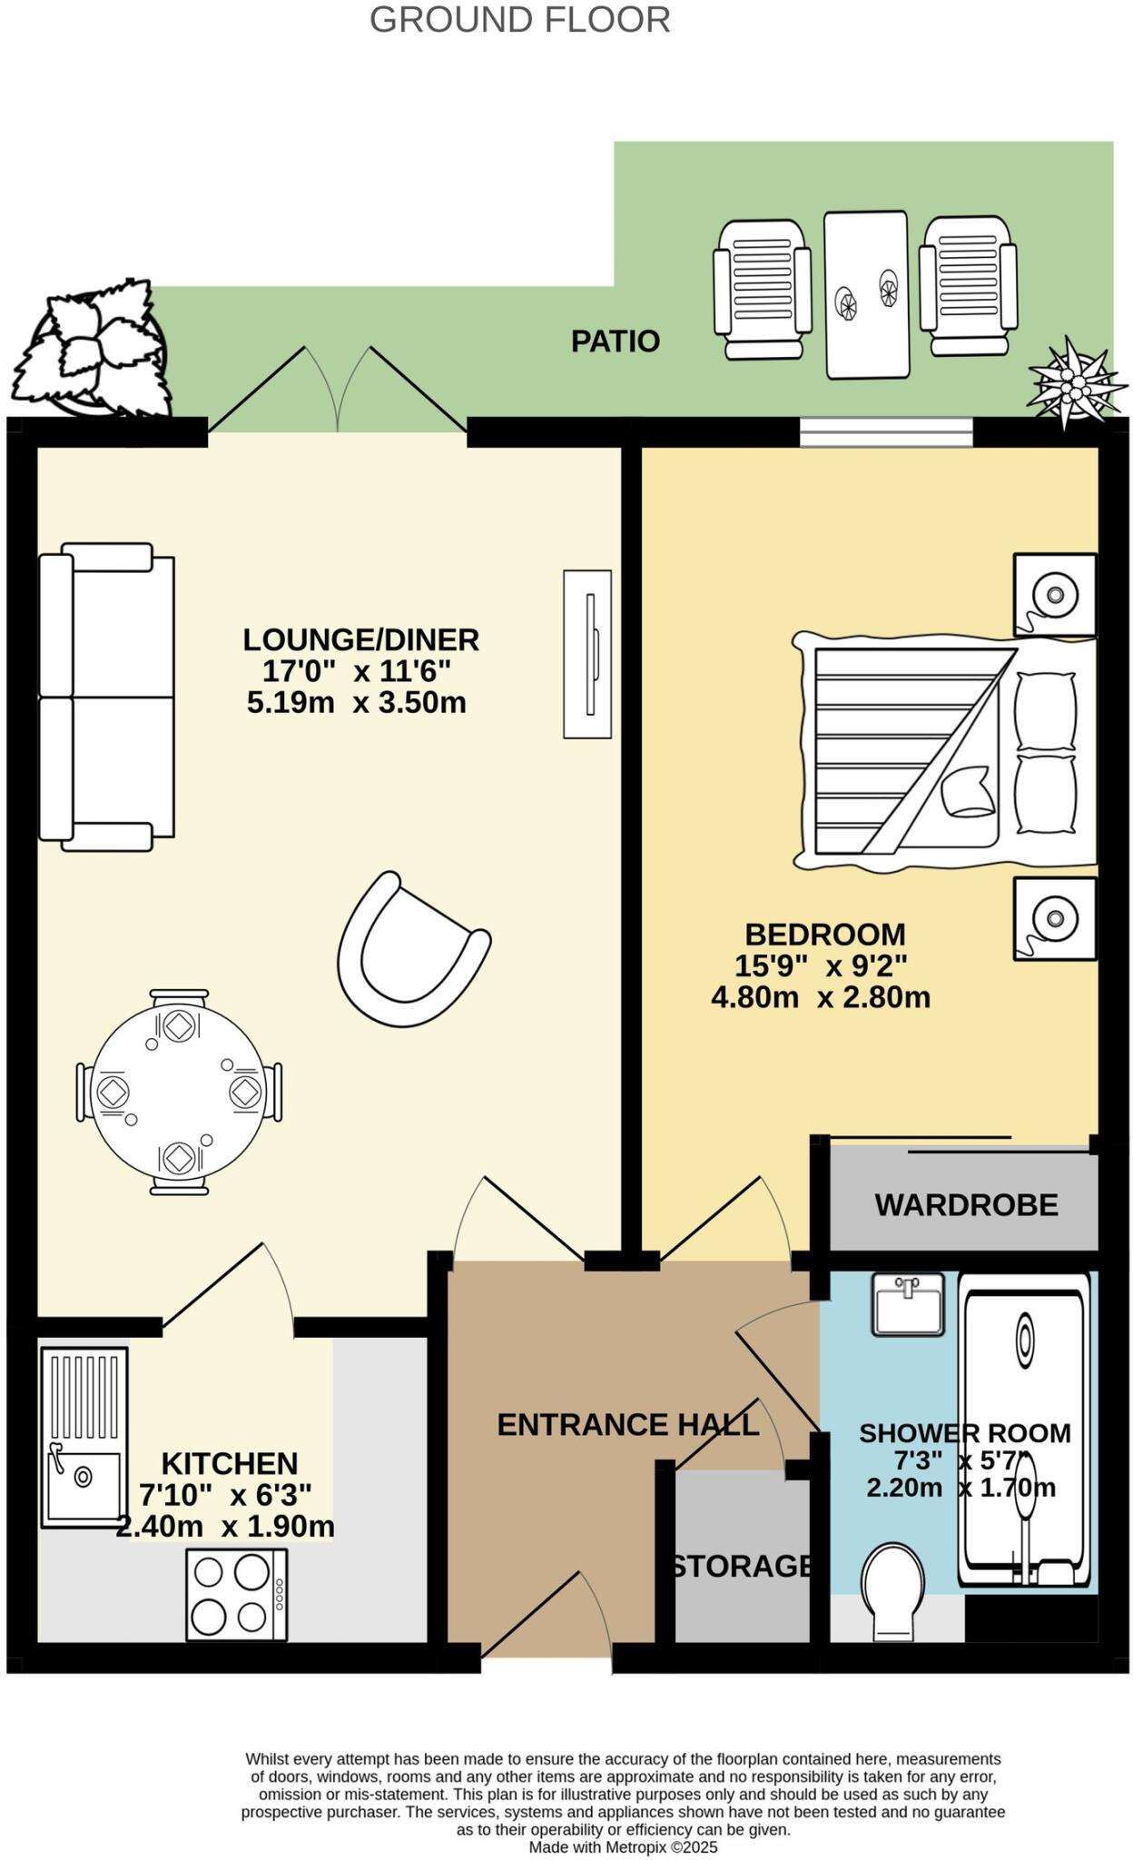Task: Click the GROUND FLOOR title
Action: [x=519, y=20]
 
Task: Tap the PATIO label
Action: [x=615, y=341]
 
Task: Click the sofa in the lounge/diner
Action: [x=107, y=697]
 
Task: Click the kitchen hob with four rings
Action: [x=236, y=1594]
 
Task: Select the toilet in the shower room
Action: [x=892, y=1592]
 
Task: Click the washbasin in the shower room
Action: [x=908, y=1304]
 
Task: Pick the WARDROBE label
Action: [x=966, y=1205]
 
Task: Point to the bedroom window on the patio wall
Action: [x=886, y=432]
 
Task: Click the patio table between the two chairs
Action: [x=866, y=294]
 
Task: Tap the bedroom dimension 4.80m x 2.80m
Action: [x=821, y=998]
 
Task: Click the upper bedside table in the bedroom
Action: [x=1055, y=595]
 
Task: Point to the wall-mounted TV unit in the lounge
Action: [x=587, y=654]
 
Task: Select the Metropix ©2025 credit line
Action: [x=623, y=1847]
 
